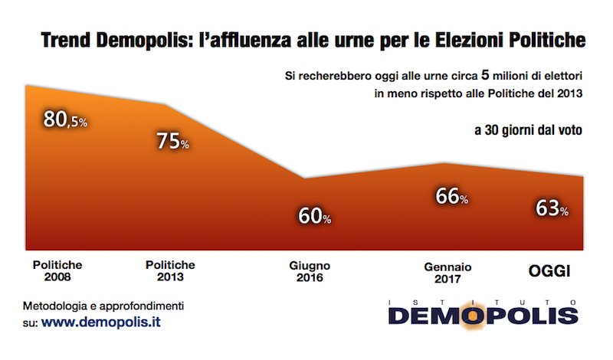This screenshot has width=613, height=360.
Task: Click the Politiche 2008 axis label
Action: [x=57, y=270]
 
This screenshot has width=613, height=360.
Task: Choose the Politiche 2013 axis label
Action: [x=169, y=270]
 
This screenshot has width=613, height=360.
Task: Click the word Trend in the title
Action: [x=64, y=38]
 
